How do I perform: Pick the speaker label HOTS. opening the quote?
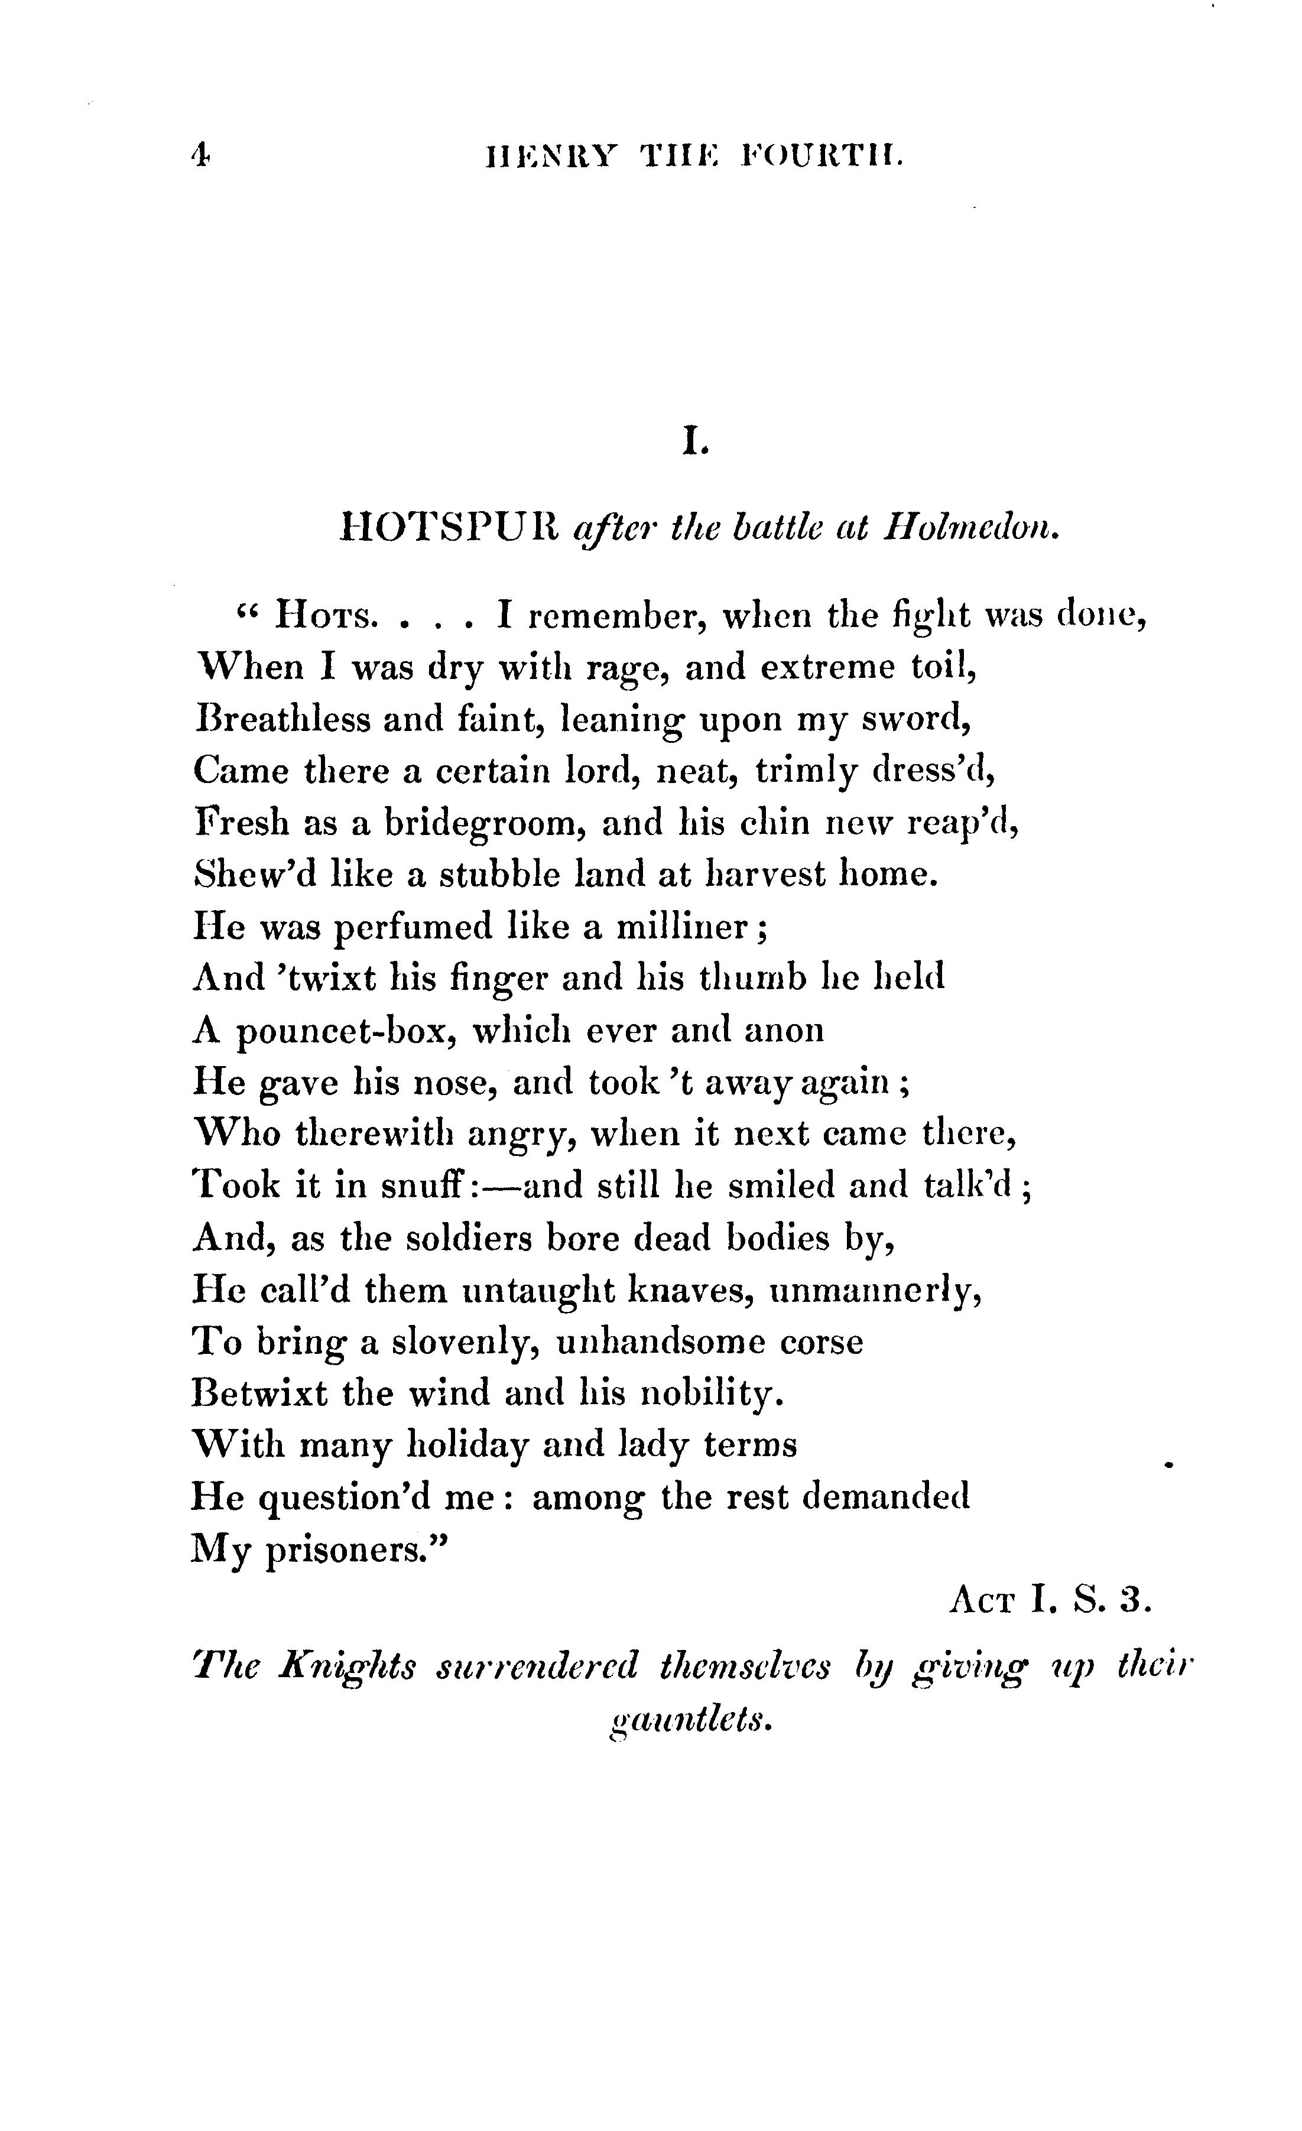tap(325, 616)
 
